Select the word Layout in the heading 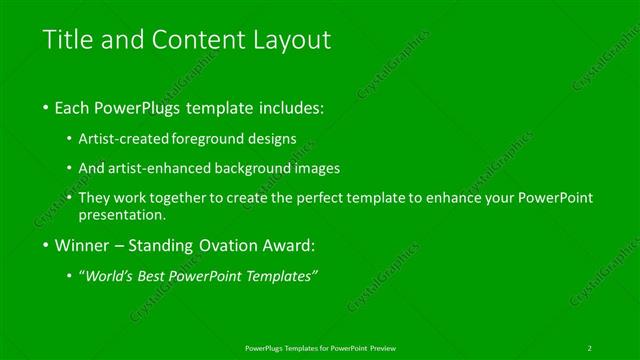[291, 41]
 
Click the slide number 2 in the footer [589, 347]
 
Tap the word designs [270, 139]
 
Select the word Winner [83, 245]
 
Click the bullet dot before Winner [45, 246]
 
